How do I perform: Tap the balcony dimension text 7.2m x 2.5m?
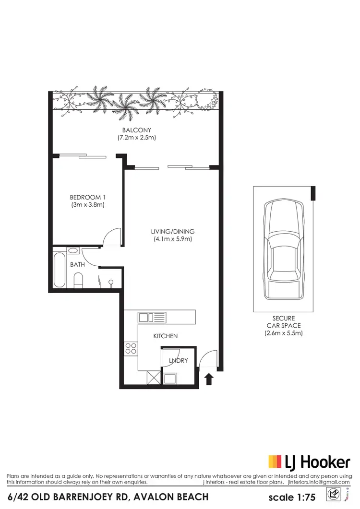[137, 138]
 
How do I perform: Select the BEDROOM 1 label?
[87, 197]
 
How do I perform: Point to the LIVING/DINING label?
[172, 231]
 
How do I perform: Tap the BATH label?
[77, 264]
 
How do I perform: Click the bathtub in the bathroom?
[60, 270]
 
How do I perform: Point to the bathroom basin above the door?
[73, 250]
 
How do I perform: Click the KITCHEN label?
[166, 336]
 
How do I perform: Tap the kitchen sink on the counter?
[152, 317]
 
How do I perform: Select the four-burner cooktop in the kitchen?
[131, 349]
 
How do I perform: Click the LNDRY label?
[178, 361]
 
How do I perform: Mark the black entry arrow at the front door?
[209, 380]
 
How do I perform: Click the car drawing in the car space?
[284, 249]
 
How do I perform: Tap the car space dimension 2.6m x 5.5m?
[284, 333]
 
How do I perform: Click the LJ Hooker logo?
[309, 462]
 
